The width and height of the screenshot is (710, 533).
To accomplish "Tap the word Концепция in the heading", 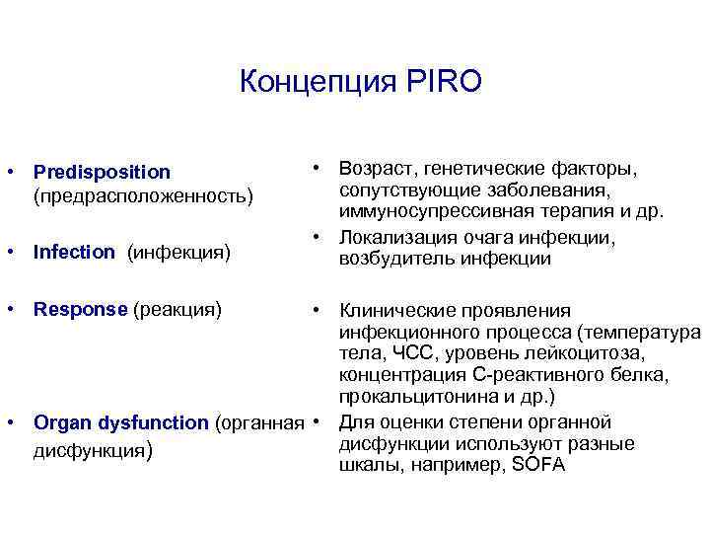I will (x=316, y=81).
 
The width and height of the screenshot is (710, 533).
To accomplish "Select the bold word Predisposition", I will (x=102, y=173).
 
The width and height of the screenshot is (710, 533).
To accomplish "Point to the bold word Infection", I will (x=74, y=252).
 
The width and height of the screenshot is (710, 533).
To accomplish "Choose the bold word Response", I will (x=80, y=309).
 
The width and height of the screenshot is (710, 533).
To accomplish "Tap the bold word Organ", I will (x=60, y=423).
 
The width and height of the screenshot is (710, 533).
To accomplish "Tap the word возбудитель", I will (x=390, y=260).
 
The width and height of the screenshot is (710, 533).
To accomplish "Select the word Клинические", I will (x=394, y=311).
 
